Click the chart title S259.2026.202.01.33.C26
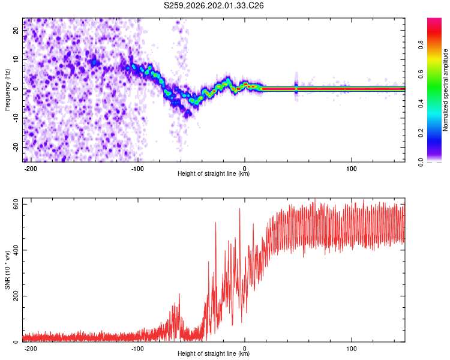pos(214,5)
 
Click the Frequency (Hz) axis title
pos(7,90)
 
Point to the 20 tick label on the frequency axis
pos(16,31)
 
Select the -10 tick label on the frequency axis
pos(16,118)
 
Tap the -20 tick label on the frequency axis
pos(16,147)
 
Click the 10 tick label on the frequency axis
pos(16,59)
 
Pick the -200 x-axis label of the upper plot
pos(31,169)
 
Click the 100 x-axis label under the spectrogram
pos(351,169)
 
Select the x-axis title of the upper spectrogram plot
pos(214,173)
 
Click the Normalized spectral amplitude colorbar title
pos(445,90)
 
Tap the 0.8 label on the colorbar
pos(421,45)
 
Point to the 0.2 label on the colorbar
pos(421,133)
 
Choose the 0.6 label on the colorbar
pos(421,74)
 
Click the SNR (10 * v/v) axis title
pos(7,270)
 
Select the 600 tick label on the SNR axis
pos(16,204)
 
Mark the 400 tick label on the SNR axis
pos(16,250)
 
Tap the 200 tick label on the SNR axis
pos(16,296)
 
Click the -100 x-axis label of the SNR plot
pos(137,349)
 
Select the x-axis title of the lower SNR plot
pos(214,353)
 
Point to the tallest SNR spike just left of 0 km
pos(239,209)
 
